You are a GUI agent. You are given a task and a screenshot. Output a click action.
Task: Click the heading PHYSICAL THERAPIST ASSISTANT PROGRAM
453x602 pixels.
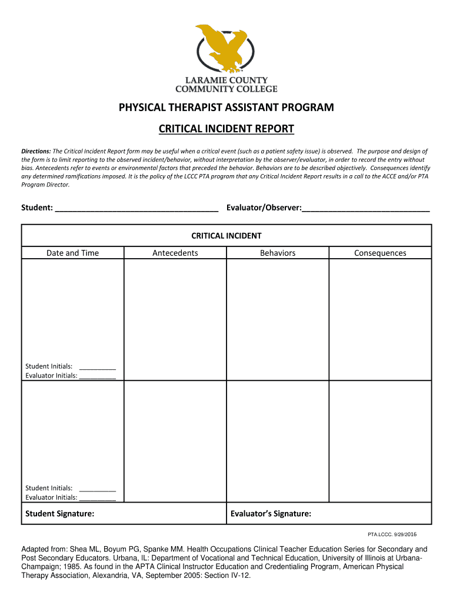(226, 108)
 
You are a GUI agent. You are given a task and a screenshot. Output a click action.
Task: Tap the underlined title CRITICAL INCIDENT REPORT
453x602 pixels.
(226, 129)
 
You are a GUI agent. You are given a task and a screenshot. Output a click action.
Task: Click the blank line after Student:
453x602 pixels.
(136, 209)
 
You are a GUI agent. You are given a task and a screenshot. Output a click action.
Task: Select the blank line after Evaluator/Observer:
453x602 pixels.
(365, 209)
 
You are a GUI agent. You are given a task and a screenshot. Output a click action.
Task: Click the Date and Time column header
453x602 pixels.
(73, 253)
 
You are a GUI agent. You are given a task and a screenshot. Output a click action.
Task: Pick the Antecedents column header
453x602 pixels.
(175, 253)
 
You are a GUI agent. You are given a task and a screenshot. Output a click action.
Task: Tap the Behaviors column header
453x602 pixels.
(278, 253)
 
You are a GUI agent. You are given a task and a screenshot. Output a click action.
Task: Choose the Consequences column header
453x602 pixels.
(380, 253)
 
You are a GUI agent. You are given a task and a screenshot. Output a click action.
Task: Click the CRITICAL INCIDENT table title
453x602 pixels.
(226, 236)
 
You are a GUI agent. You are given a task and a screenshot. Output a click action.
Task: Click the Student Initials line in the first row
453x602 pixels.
(97, 367)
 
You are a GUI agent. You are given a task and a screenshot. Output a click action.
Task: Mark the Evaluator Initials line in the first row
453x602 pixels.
(97, 377)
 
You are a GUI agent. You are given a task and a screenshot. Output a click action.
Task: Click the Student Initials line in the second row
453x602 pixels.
(97, 489)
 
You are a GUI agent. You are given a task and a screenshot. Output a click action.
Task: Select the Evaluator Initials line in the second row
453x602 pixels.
(97, 498)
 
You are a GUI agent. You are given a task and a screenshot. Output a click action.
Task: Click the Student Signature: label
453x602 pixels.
(59, 514)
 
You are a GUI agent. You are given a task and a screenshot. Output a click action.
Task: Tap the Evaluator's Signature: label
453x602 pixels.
(271, 514)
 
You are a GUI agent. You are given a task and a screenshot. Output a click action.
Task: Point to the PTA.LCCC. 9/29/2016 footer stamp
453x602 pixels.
(392, 534)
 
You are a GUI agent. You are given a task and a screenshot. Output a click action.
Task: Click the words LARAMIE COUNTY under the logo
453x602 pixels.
(226, 80)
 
